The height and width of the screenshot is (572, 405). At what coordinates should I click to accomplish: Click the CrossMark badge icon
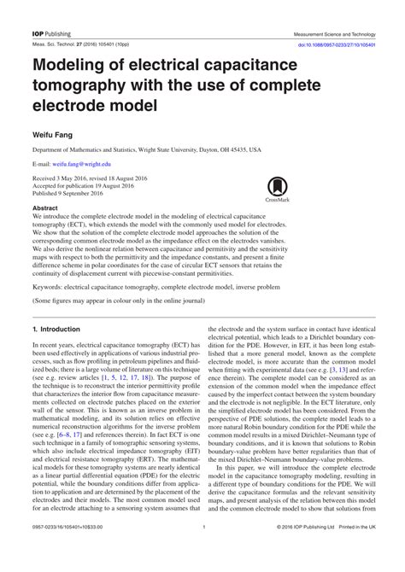tap(277, 188)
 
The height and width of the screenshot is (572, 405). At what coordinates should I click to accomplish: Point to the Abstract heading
tap(44, 207)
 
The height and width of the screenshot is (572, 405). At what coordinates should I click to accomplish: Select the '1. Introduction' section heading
tap(56, 329)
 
